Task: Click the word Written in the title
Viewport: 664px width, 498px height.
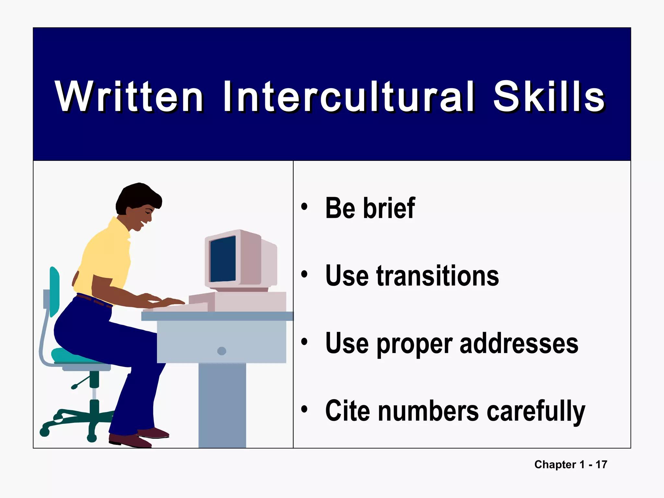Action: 129,97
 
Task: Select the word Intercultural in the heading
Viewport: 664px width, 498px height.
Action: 349,97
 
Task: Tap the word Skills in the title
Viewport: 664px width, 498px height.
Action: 549,97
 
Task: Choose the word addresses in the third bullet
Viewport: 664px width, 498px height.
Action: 519,343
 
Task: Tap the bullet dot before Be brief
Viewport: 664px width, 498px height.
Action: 304,207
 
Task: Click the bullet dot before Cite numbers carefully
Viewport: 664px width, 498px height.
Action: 304,409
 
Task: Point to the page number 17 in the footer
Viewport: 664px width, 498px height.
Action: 601,465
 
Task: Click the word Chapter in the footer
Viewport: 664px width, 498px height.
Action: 555,465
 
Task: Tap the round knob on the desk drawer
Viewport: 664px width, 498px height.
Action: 222,351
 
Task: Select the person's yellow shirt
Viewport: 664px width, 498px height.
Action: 104,256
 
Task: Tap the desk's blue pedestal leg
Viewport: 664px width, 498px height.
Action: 222,405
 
